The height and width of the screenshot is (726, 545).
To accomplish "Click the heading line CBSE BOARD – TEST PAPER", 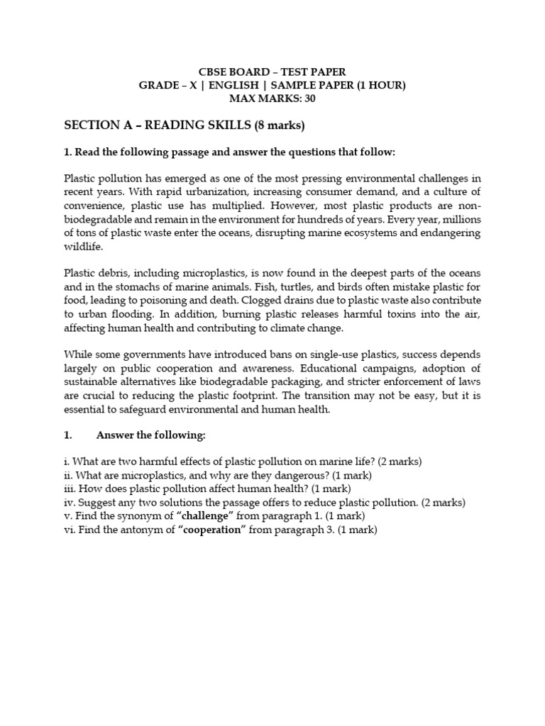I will (272, 72).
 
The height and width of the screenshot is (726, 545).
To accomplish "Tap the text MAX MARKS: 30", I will (272, 99).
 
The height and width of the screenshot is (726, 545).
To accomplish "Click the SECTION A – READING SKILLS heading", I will (185, 125).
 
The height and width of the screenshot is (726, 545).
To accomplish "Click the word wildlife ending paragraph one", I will (83, 246).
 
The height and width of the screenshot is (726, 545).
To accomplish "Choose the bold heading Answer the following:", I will (151, 435).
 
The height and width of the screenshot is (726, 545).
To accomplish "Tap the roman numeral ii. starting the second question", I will (68, 475).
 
